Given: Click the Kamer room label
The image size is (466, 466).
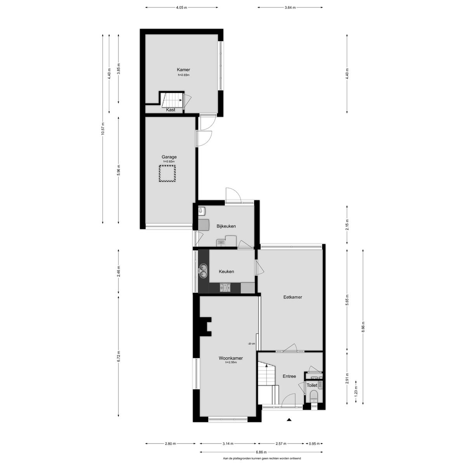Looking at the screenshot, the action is point(183,70).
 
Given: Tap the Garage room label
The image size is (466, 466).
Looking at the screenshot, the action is point(169,157).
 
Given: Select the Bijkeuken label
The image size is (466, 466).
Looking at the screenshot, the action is point(226,226).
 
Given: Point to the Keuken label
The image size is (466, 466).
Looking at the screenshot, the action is point(226,271).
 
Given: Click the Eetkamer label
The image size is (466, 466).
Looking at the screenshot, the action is point(293,297).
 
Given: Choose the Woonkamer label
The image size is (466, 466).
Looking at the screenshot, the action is point(231,358).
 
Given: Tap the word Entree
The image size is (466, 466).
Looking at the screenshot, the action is point(289,376).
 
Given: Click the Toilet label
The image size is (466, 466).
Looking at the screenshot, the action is point(312,386).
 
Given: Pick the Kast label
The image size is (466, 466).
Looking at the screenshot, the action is point(171,110).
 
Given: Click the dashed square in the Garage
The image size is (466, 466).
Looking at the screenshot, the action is point(167,173).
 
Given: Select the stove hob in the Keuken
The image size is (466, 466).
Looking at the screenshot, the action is point(225,288).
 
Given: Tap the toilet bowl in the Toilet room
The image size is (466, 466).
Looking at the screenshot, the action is point(314,396).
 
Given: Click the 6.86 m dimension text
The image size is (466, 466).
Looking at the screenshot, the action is point(261,452).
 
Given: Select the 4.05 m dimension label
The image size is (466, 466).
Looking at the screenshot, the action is point(182,7).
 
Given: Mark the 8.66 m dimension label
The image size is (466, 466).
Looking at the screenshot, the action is point(363,327).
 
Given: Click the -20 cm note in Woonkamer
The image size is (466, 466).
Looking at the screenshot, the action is point(251,343).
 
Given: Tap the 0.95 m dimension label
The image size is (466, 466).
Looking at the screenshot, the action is point(314,443).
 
